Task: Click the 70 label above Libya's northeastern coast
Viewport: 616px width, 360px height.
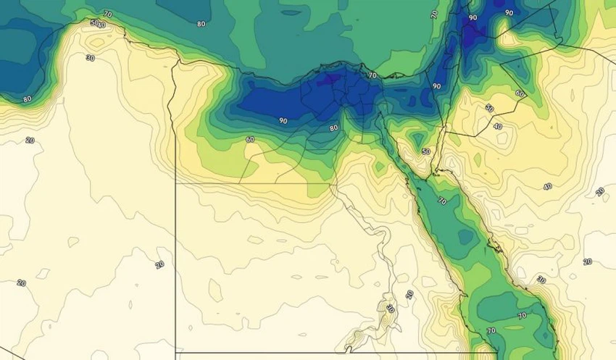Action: pyautogui.click(x=107, y=14)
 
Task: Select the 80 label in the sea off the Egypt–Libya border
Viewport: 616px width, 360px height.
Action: pyautogui.click(x=201, y=24)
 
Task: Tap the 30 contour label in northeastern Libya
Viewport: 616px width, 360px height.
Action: pyautogui.click(x=90, y=57)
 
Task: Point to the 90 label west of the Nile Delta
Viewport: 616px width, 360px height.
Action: pyautogui.click(x=283, y=120)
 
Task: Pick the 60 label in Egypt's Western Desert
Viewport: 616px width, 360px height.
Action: pyautogui.click(x=250, y=139)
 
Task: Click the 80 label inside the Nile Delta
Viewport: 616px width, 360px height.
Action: pyautogui.click(x=333, y=128)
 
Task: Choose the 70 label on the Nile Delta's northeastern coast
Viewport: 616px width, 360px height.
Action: pyautogui.click(x=372, y=75)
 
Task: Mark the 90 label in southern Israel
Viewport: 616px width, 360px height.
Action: pyautogui.click(x=436, y=86)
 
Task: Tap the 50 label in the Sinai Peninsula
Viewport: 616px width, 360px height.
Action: pyautogui.click(x=426, y=151)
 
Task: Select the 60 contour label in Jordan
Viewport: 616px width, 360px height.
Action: pyautogui.click(x=520, y=93)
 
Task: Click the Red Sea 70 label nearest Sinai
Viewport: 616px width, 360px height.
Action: pyautogui.click(x=442, y=201)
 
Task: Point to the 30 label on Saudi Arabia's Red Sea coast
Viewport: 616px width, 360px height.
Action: pyautogui.click(x=541, y=280)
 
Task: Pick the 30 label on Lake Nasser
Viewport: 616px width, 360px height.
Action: pyautogui.click(x=391, y=309)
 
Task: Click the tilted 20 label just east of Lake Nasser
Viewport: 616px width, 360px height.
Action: pyautogui.click(x=409, y=295)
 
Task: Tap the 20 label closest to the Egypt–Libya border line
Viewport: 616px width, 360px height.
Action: pyautogui.click(x=159, y=264)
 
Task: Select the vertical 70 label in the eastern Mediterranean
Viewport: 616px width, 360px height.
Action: pyautogui.click(x=434, y=14)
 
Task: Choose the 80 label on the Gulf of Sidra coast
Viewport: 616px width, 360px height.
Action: pyautogui.click(x=28, y=99)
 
